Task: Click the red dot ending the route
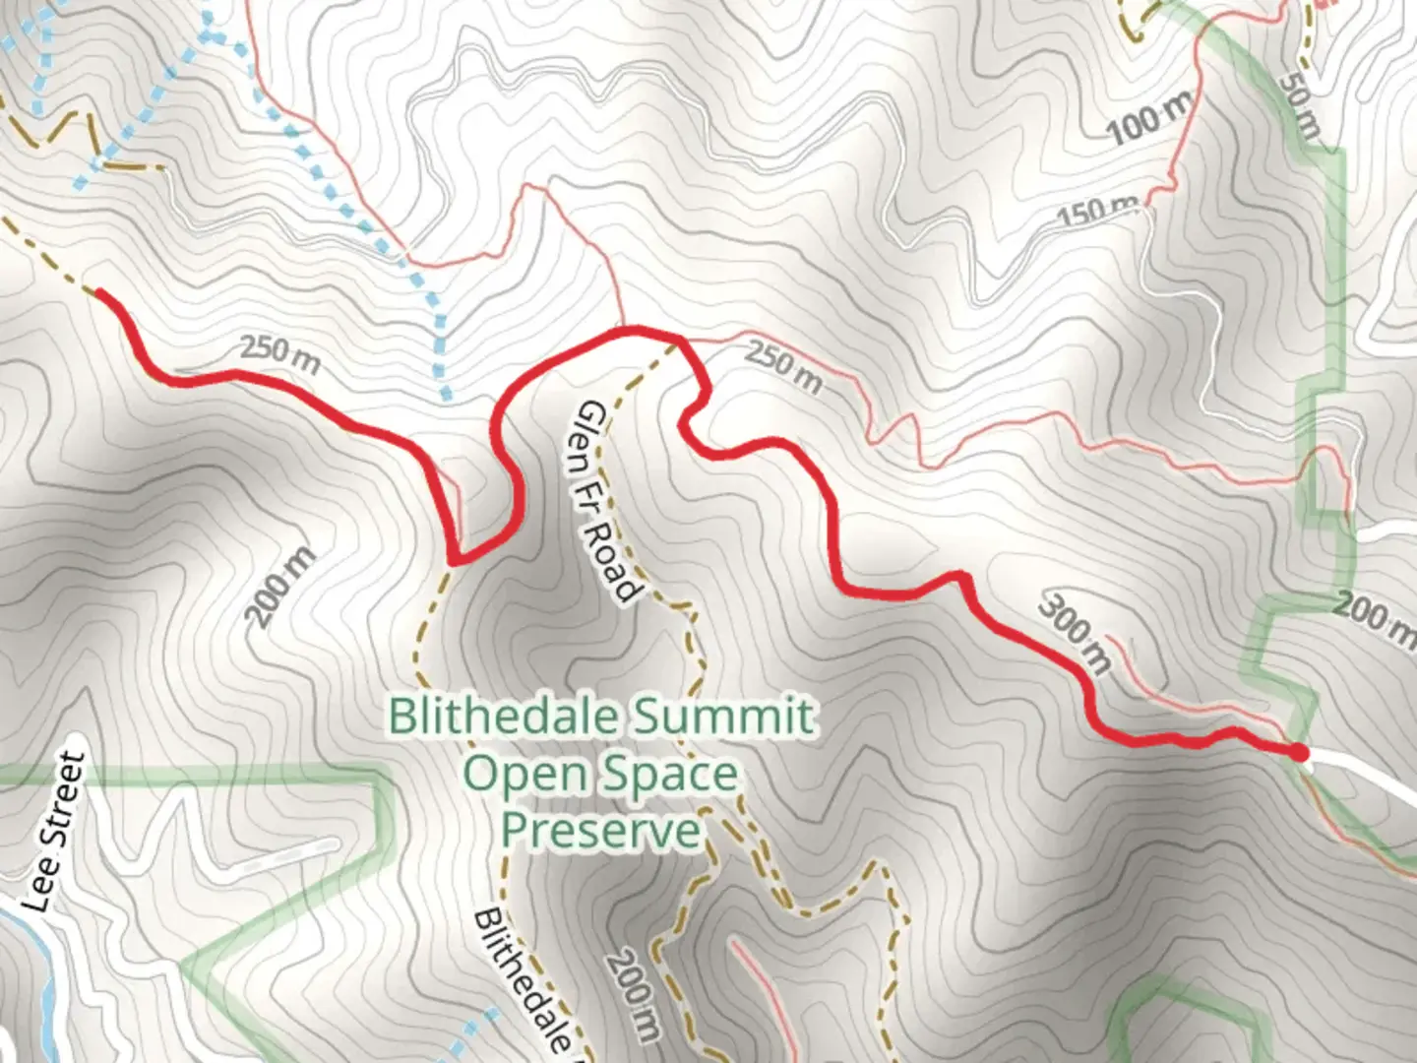(x=1299, y=753)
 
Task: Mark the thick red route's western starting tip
(x=98, y=291)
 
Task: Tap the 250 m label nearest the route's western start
(x=280, y=355)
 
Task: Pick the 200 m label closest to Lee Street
(x=280, y=588)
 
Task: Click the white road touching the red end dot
(x=1368, y=772)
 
